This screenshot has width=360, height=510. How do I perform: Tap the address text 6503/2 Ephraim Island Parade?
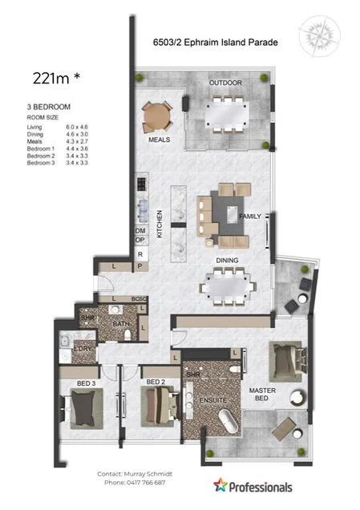215,44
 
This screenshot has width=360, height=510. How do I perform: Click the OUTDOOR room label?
225,83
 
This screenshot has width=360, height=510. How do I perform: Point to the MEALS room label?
159,139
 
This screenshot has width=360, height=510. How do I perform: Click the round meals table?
157,119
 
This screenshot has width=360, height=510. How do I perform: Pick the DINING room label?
227,260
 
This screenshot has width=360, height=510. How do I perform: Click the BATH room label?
121,324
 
